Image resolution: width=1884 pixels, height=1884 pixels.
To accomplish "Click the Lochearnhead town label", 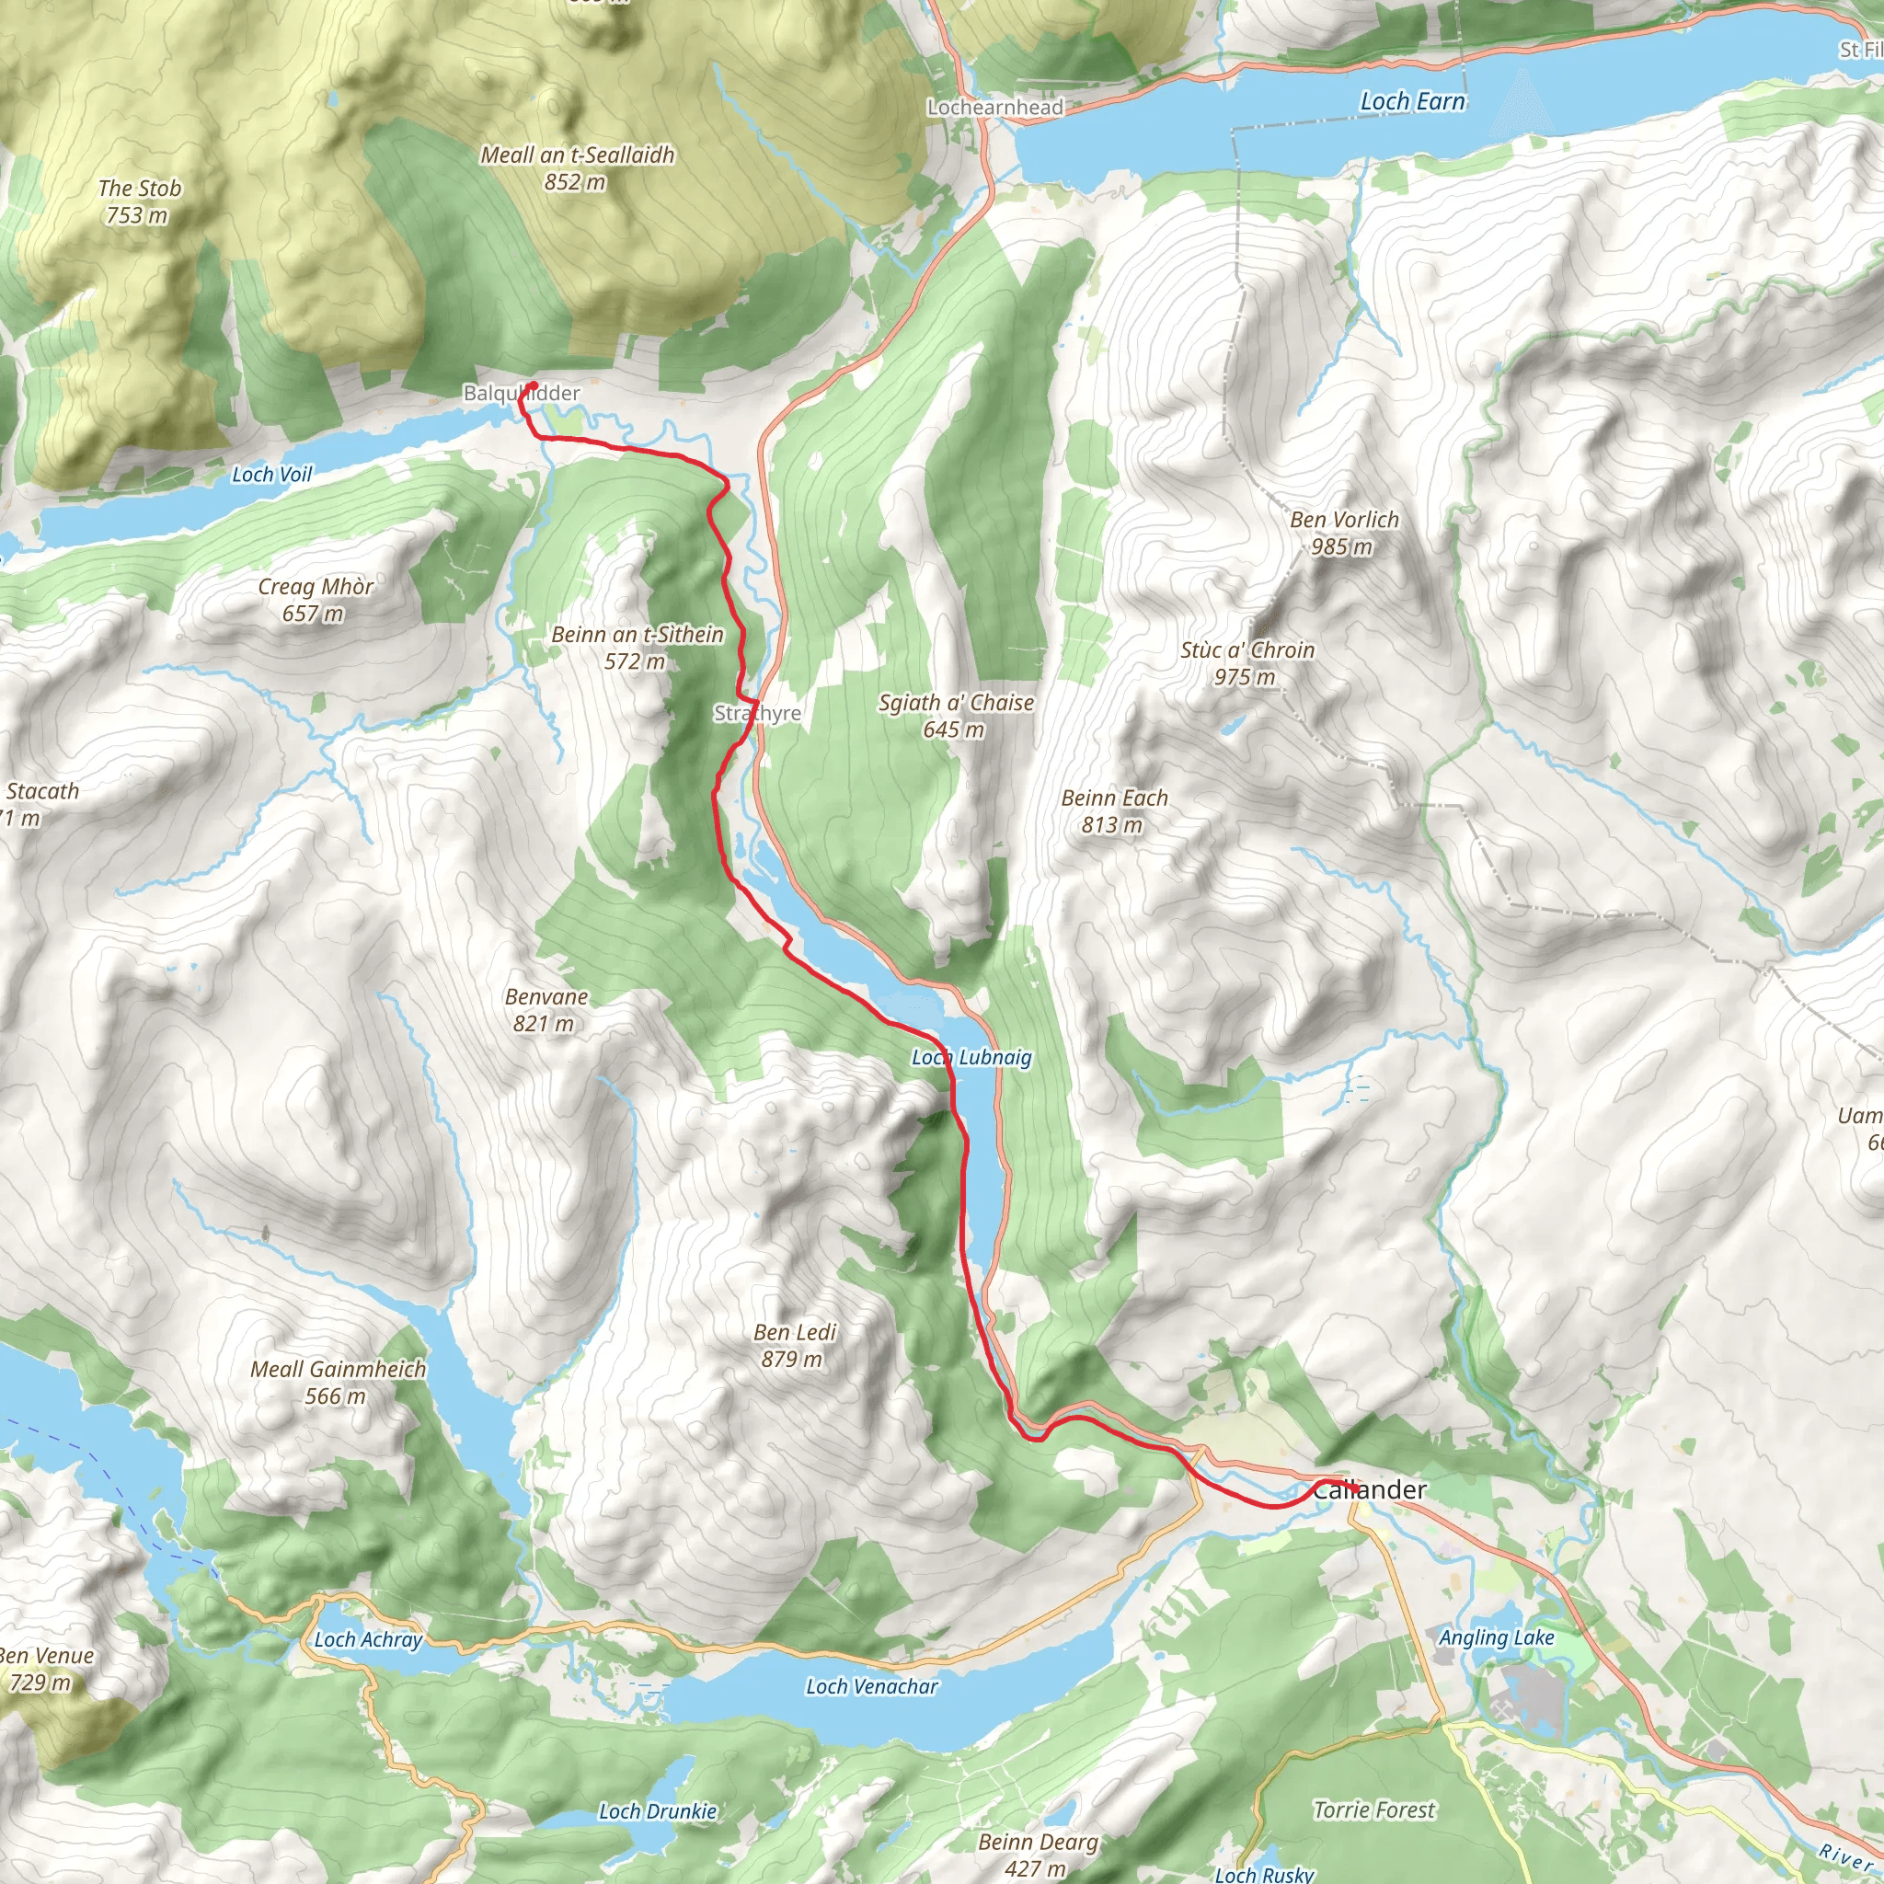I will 994,108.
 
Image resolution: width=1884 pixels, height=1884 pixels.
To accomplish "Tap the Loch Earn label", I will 1412,101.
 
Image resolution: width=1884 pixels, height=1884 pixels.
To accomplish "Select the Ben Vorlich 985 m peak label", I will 1344,533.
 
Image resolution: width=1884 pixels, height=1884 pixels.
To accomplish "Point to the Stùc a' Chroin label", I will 1247,662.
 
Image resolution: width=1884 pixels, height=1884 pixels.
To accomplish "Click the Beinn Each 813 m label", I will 1114,810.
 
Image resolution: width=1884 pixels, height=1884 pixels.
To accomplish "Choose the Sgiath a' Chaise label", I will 956,715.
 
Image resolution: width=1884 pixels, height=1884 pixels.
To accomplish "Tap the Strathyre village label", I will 758,713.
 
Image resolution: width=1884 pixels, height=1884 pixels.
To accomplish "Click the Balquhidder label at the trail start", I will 522,393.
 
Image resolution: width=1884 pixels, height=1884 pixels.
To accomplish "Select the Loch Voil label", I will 272,475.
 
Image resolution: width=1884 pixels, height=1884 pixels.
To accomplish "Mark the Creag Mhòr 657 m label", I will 315,599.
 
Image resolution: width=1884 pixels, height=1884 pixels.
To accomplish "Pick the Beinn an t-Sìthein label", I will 637,647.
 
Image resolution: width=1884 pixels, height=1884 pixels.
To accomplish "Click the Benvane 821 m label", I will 546,1009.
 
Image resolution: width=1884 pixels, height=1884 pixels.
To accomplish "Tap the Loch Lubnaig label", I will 971,1057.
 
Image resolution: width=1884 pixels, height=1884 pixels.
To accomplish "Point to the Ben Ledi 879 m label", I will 795,1345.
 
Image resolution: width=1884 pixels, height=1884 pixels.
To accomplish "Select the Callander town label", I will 1369,1489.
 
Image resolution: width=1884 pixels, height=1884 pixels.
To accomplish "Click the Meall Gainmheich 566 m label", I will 339,1382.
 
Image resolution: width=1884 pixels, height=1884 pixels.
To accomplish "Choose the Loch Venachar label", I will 872,1686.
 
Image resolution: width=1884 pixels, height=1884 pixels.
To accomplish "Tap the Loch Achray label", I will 368,1639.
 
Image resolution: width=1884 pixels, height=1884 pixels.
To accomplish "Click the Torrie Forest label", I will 1374,1809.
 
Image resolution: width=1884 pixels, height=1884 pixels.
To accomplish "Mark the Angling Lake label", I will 1496,1637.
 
